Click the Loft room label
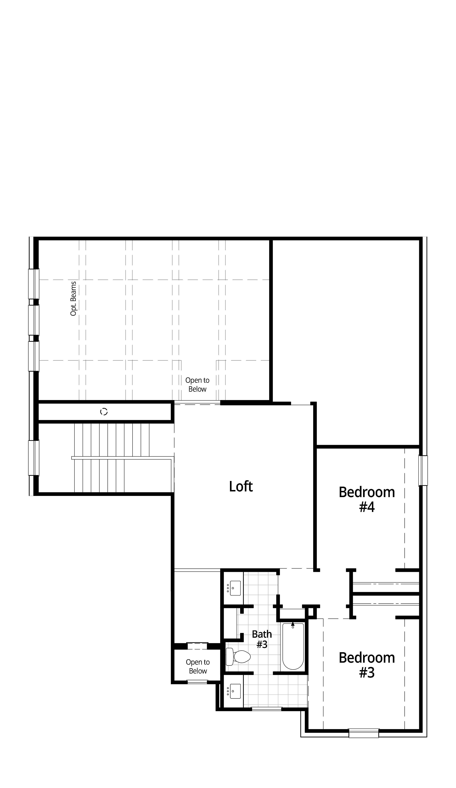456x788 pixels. point(241,486)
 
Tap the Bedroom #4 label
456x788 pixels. point(367,499)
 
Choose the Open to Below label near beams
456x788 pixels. point(197,385)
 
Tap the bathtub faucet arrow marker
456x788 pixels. point(293,624)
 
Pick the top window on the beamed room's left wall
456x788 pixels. point(34,284)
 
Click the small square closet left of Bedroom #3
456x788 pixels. point(311,612)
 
